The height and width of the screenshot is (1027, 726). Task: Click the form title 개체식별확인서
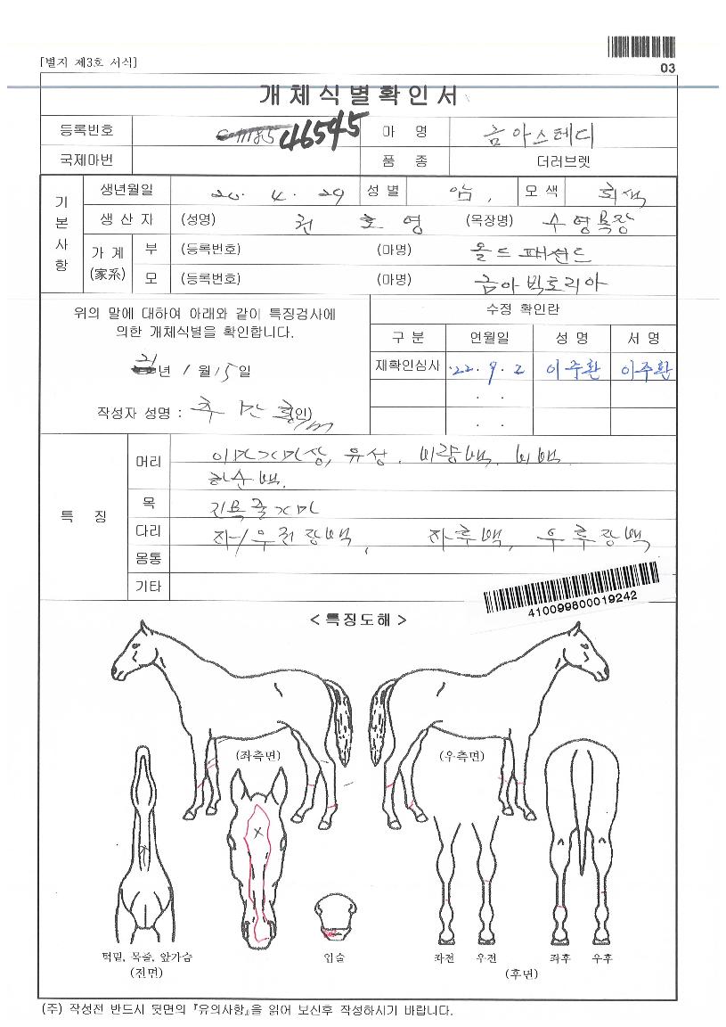pos(357,94)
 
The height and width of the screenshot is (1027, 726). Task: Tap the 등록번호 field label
pos(86,131)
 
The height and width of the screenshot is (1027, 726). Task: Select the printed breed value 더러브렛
pos(563,161)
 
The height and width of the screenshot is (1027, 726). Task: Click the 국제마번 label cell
pos(86,161)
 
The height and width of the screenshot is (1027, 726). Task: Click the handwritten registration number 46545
pos(319,134)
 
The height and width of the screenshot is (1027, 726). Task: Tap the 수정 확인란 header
pos(523,309)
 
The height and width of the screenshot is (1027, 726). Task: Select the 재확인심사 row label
pos(408,366)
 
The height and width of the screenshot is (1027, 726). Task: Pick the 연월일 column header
pos(490,339)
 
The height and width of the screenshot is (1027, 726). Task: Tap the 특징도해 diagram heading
pos(357,620)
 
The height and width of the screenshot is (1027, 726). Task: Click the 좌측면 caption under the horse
pos(258,755)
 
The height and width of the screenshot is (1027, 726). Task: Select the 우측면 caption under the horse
pos(462,755)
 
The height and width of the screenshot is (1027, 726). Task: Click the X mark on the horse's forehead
pos(259,833)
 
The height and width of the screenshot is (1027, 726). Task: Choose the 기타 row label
pos(148,586)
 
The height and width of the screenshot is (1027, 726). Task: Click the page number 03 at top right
pos(668,69)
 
